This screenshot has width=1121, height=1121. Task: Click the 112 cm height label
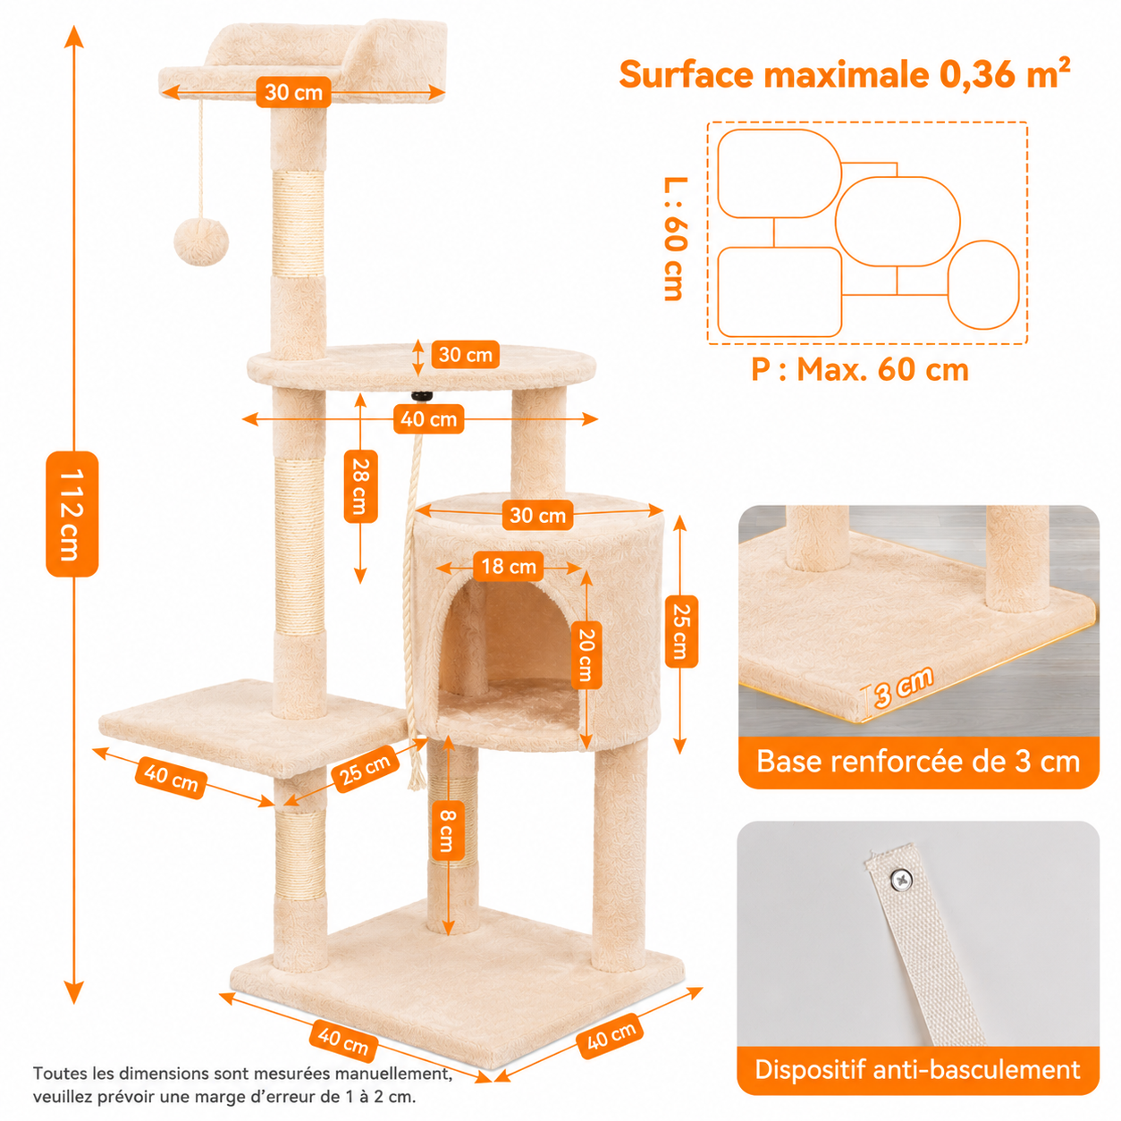72,514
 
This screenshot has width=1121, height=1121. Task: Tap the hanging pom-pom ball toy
201,242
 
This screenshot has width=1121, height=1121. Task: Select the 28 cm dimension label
360,485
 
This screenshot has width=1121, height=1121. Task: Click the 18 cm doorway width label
509,566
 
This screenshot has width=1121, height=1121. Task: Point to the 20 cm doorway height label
586,654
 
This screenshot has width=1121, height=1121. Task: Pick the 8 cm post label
446,830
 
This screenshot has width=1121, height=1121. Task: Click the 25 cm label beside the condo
681,632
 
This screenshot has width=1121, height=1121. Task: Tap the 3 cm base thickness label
904,687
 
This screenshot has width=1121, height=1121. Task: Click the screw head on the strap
901,880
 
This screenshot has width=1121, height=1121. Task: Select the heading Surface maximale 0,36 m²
844,74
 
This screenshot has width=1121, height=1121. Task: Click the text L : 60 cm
676,239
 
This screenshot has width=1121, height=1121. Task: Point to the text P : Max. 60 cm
860,369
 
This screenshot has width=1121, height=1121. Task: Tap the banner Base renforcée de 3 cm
918,762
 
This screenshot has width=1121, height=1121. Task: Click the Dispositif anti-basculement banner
918,1070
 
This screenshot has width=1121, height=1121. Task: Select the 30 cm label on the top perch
294,92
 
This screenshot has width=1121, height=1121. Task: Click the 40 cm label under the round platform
429,419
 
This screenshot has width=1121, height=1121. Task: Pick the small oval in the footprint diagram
983,285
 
